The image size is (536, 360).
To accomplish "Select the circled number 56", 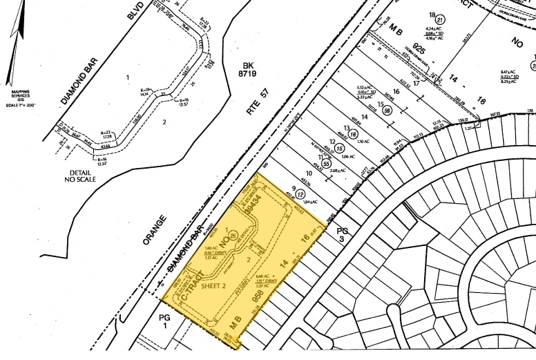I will pyautogui.click(x=388, y=111).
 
